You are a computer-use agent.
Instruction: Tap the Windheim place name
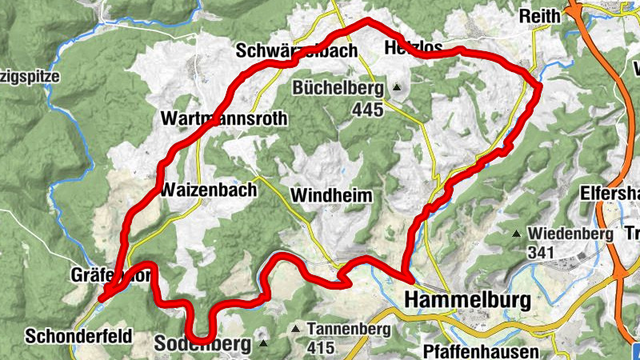(331, 194)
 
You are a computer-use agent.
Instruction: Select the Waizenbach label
(209, 190)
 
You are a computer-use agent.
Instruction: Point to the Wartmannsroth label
(223, 118)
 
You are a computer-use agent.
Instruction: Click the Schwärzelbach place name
(296, 51)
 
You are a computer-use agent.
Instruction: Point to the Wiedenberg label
(569, 234)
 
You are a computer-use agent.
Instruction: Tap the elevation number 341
(542, 252)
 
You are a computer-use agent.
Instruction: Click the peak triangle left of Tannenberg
(297, 329)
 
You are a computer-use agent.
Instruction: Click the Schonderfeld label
(79, 335)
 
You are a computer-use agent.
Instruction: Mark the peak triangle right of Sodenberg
(264, 345)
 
